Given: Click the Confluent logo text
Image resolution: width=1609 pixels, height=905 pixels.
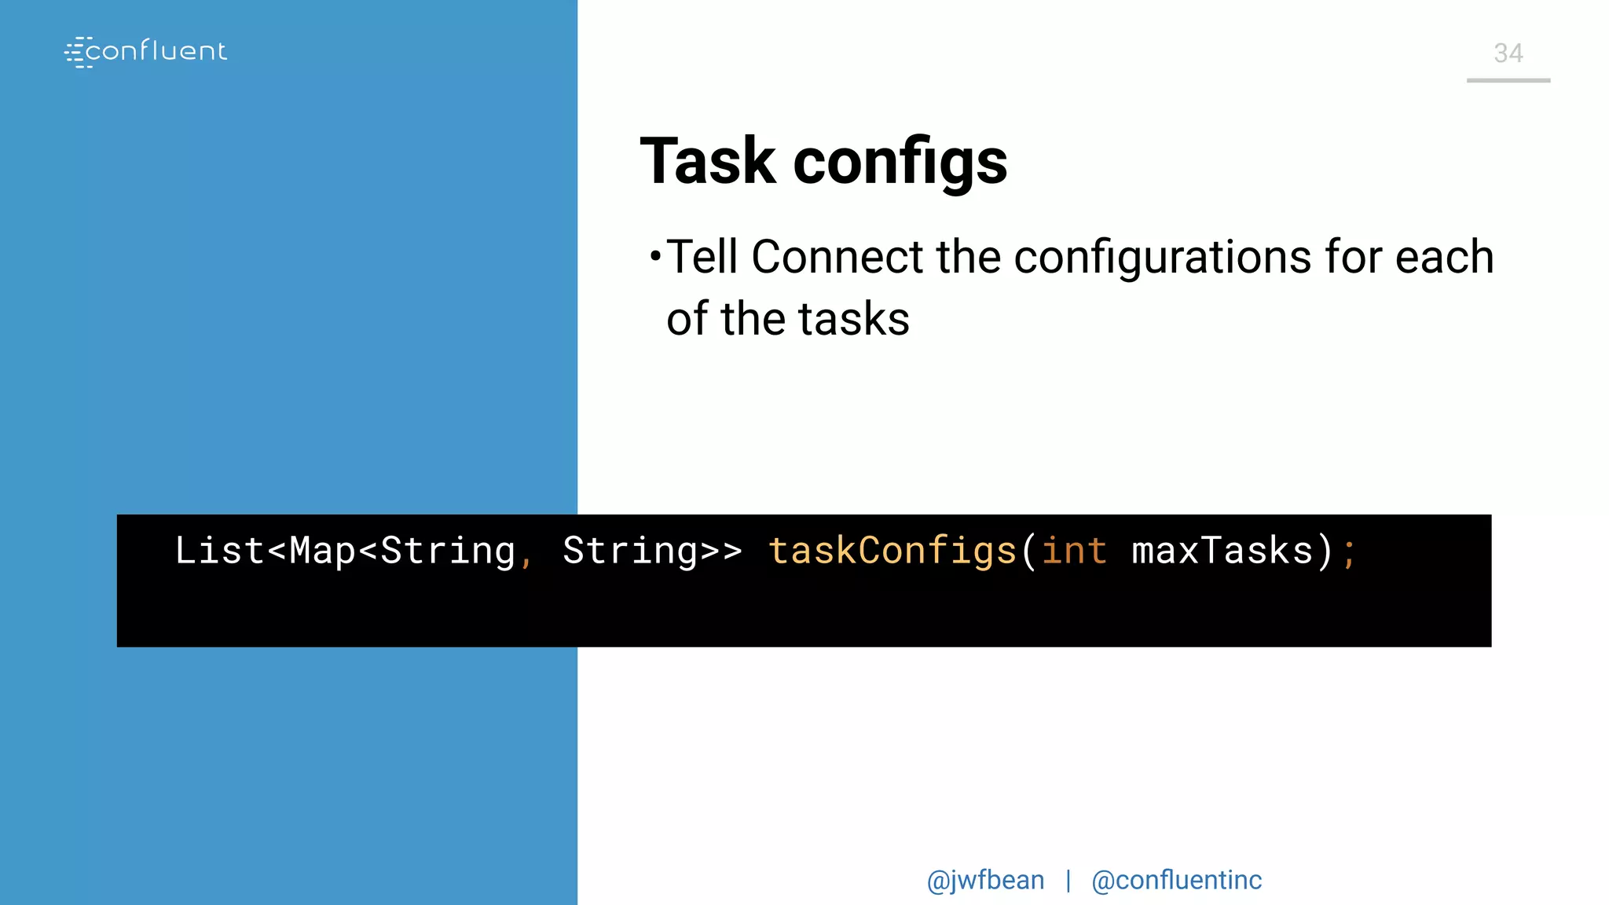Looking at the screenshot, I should tap(156, 52).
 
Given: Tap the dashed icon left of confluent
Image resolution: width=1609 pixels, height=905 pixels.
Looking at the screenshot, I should tap(75, 53).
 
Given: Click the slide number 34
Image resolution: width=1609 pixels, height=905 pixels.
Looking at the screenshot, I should tap(1508, 53).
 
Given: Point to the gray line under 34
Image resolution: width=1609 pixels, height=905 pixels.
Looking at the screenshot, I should tap(1508, 80).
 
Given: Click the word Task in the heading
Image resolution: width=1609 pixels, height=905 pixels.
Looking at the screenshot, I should tap(708, 162).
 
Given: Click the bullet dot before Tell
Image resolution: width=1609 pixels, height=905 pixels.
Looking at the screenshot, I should tap(655, 256).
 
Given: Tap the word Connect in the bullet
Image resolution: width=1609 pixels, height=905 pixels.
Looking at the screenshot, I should tap(837, 257).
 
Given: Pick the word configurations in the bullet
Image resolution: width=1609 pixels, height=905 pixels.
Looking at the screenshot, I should tap(1162, 257).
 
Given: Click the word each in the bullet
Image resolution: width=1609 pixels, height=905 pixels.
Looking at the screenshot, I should tap(1444, 257).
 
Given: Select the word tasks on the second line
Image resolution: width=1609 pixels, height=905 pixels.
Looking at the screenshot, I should tap(853, 319).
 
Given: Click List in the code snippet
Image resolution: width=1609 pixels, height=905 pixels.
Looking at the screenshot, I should tap(219, 550).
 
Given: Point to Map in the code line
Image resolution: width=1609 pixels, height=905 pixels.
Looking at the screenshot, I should tap(323, 550).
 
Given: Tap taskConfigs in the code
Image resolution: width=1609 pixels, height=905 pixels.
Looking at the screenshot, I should tap(892, 550).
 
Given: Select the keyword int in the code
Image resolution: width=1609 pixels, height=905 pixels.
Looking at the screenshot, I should tap(1074, 550).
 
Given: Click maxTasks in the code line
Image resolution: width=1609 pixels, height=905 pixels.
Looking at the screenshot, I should tap(1222, 550).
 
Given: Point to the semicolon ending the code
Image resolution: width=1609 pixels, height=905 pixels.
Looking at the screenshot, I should tap(1349, 553).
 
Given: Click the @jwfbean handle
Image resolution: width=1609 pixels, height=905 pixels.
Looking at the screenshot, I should tap(985, 881).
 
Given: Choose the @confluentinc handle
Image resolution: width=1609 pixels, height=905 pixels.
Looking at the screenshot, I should tap(1176, 881).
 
